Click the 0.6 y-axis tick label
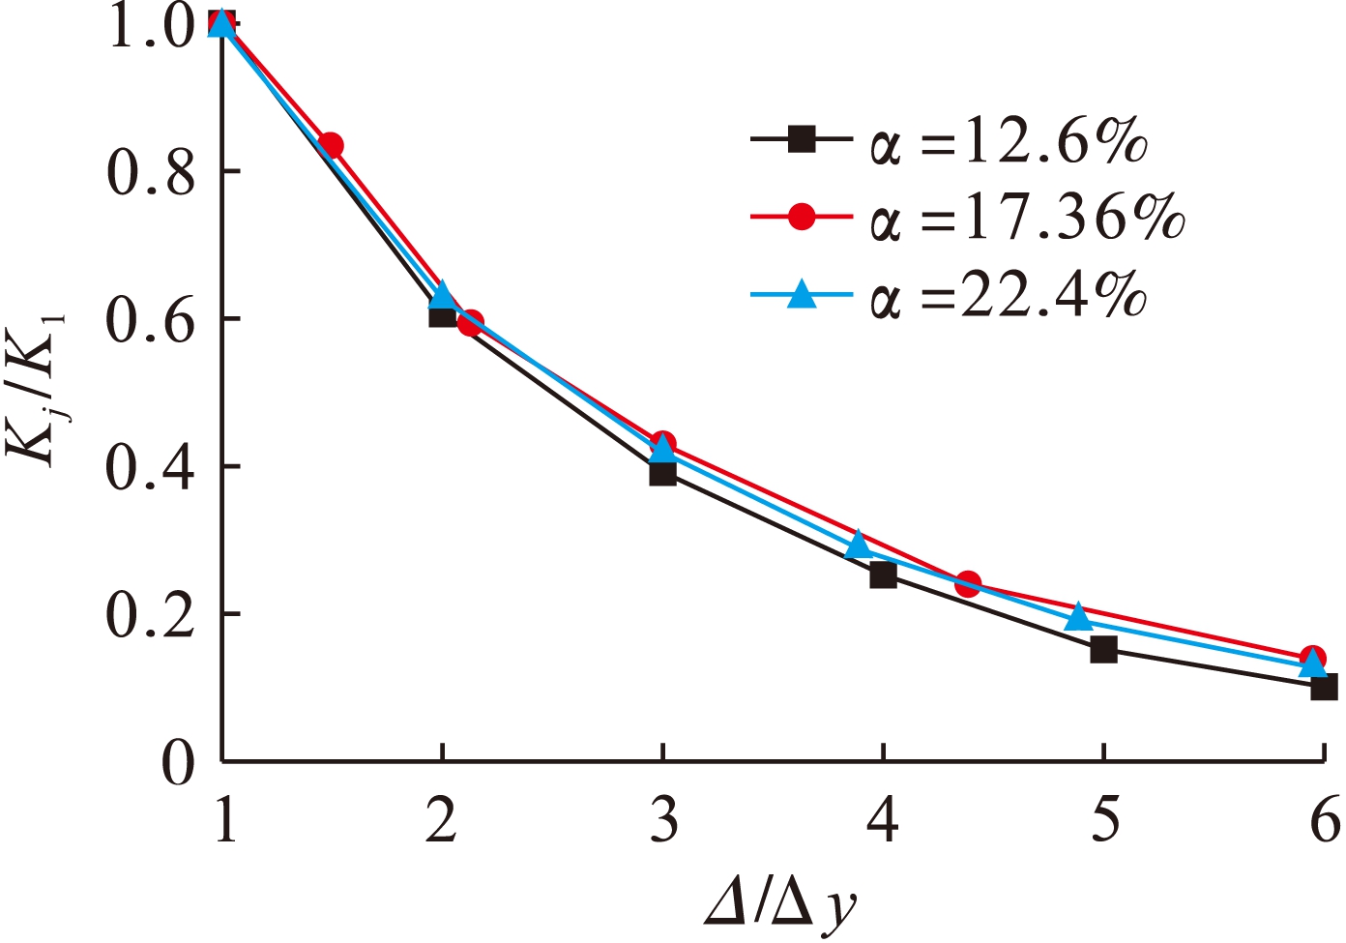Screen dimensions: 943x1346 pyautogui.click(x=151, y=319)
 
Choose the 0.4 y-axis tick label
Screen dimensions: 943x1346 pyautogui.click(x=151, y=467)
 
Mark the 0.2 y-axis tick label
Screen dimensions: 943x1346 pyautogui.click(x=151, y=615)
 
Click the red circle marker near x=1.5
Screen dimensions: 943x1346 pyautogui.click(x=331, y=145)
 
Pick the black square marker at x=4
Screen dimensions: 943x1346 pyautogui.click(x=883, y=575)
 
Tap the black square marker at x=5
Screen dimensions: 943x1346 pyautogui.click(x=1103, y=650)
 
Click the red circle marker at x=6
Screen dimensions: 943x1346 pyautogui.click(x=1312, y=658)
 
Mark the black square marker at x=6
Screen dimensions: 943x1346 pyautogui.click(x=1324, y=688)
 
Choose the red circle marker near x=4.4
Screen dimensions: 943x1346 pyautogui.click(x=968, y=583)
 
